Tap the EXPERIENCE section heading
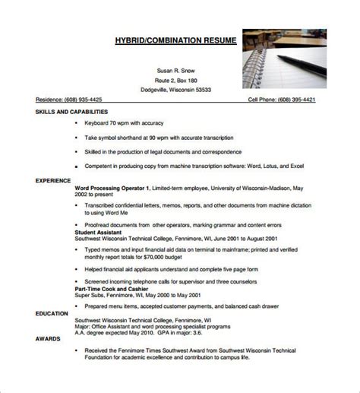[x=53, y=180]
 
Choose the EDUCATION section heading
[x=52, y=292]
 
